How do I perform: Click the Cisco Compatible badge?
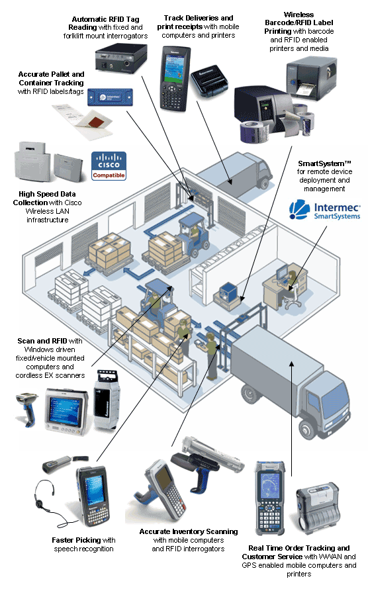109,166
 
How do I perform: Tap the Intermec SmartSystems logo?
325,209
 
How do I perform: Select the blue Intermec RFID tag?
110,97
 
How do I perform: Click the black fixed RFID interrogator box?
121,58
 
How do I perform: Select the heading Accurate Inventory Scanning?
189,531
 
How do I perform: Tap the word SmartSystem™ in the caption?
324,163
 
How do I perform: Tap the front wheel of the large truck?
308,429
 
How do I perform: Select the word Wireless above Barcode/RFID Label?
299,15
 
